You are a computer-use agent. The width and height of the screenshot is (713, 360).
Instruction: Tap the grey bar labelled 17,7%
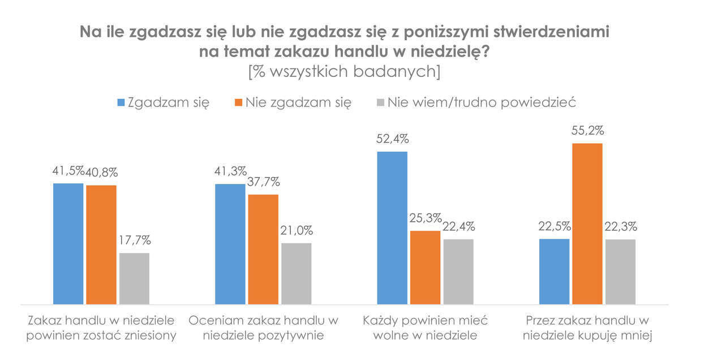point(134,278)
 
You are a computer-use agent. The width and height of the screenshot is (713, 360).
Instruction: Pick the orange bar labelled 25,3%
point(425,267)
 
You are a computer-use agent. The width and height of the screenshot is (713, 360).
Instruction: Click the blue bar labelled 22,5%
point(554,271)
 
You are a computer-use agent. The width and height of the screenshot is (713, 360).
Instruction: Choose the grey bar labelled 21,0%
point(296,273)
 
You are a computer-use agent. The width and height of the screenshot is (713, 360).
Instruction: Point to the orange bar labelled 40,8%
point(101,245)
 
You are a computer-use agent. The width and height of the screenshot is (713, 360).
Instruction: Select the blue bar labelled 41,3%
point(230,244)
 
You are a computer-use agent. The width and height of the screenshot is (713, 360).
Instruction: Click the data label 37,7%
point(264,182)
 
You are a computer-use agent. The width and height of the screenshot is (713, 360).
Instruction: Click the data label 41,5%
point(68,171)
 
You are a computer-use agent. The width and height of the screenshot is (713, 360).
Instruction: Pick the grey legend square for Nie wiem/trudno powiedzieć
point(380,102)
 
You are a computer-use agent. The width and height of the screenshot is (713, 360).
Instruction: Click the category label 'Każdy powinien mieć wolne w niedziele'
point(425,328)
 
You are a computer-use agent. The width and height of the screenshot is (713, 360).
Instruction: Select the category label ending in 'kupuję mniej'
point(589,328)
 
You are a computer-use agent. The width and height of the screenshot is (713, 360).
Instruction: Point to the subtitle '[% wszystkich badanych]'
point(344,72)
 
